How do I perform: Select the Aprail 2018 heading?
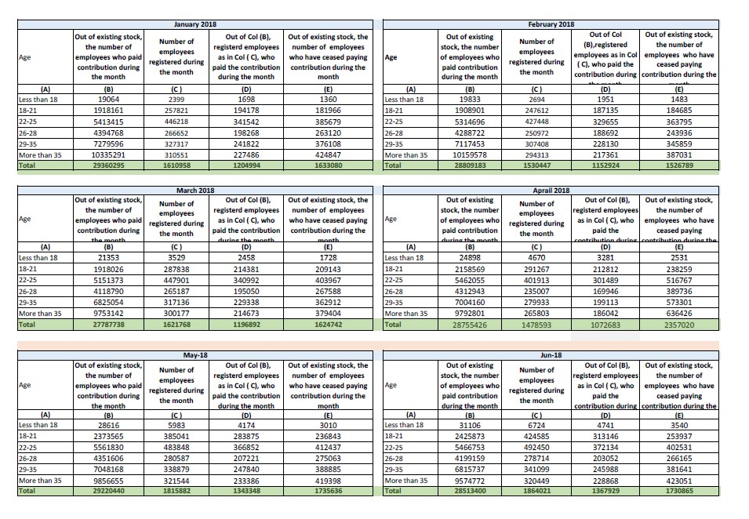(551, 190)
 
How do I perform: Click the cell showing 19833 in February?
(469, 100)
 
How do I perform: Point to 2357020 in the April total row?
(679, 325)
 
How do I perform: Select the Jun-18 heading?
(552, 355)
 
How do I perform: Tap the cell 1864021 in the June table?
(537, 490)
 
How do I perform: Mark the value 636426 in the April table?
(679, 313)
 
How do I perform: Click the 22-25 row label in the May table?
(28, 446)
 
